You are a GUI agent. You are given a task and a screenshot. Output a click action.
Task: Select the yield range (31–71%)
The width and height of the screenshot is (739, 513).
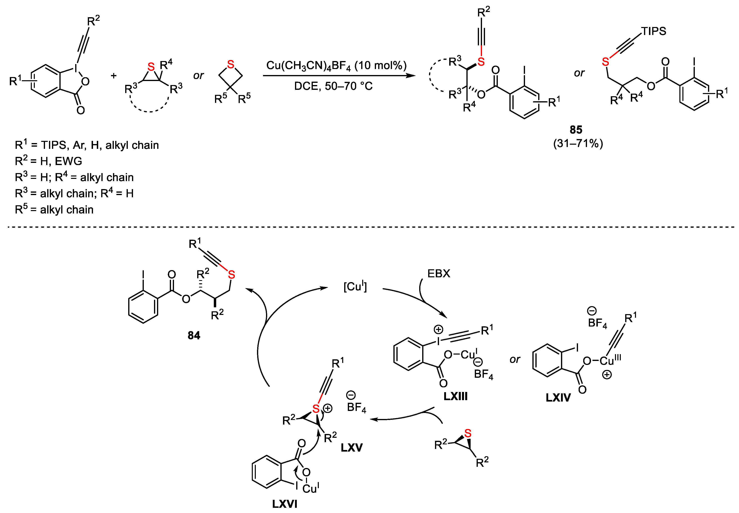point(578,143)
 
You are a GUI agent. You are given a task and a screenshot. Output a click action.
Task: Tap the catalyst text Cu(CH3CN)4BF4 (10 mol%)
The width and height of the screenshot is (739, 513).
point(336,66)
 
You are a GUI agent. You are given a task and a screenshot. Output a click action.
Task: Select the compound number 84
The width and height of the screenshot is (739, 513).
point(194,335)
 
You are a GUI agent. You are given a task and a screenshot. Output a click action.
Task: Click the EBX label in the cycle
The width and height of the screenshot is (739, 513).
point(439,274)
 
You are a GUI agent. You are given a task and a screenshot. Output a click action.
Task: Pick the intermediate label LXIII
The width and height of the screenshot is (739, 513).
point(455,396)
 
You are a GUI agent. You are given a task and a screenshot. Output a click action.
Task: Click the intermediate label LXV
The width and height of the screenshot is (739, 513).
point(352,447)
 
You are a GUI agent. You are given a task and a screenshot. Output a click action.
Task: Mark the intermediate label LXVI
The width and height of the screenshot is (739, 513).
point(284,504)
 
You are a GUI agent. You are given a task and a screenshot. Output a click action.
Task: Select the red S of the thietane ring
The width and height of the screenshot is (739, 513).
point(230,64)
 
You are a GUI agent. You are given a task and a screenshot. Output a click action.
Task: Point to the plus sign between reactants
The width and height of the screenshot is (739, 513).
point(113,76)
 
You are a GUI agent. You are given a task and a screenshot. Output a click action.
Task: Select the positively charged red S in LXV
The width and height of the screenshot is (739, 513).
point(316,409)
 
